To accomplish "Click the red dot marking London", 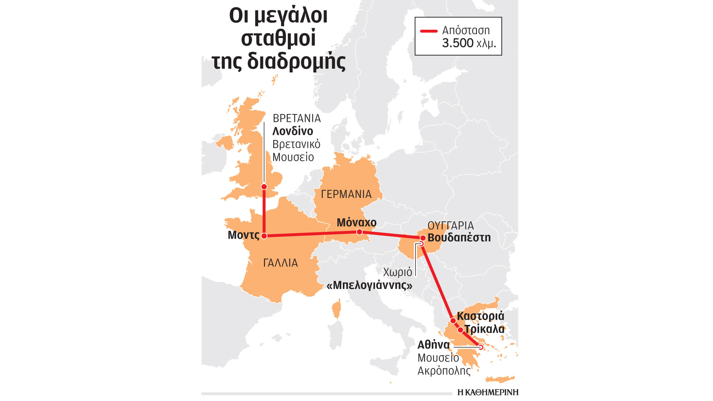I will [264, 187].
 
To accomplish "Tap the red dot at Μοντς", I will [264, 236].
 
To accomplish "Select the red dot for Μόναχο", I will [359, 232].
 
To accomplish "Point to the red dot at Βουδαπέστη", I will [423, 238].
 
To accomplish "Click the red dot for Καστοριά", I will [453, 320].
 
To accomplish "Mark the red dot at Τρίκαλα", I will [460, 330].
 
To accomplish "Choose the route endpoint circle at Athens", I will [481, 348].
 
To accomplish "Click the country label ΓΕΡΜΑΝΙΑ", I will [346, 194].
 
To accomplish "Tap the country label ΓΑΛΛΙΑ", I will [280, 263].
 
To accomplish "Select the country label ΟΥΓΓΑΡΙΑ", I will [450, 225].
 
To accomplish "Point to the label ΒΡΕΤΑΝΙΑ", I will [296, 118].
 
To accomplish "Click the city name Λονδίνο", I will [293, 131].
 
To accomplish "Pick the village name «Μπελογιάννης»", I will [369, 285].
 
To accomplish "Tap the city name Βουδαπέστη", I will [459, 238].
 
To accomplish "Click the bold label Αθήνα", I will [433, 345].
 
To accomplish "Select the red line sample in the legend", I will [429, 31].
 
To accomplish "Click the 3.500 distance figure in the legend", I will [458, 43].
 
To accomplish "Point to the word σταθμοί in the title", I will [278, 38].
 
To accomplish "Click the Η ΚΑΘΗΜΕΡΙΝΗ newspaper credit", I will [488, 392].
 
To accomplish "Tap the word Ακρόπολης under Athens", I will [444, 371].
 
